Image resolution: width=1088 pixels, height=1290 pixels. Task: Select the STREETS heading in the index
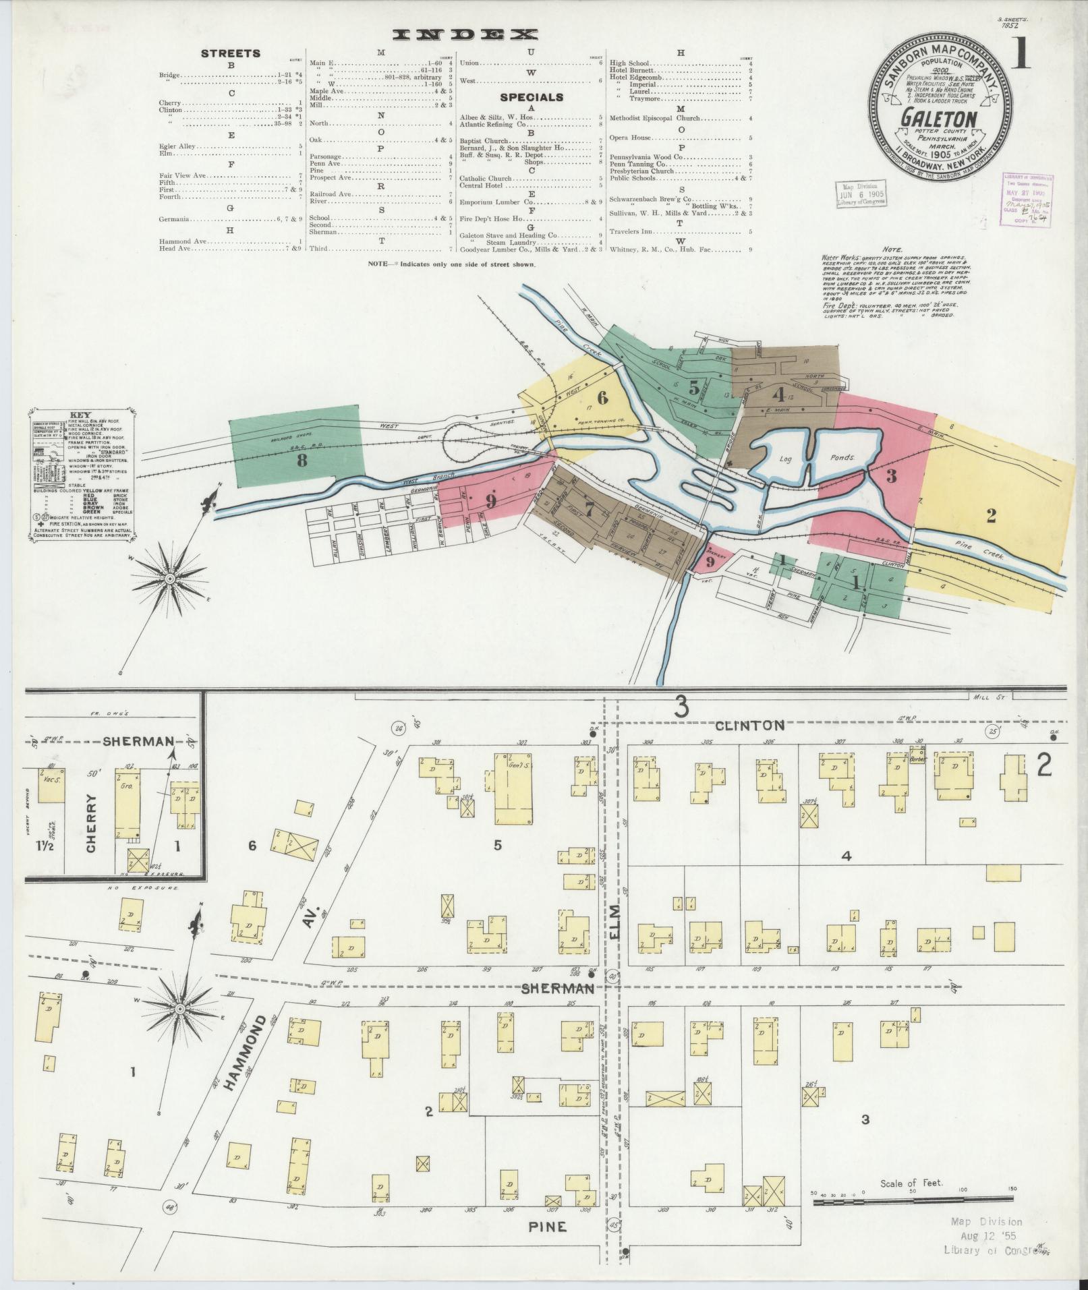coord(231,53)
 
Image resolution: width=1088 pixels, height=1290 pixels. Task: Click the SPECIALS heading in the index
coord(532,97)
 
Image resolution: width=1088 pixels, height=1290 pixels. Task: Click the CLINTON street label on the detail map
coord(749,726)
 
